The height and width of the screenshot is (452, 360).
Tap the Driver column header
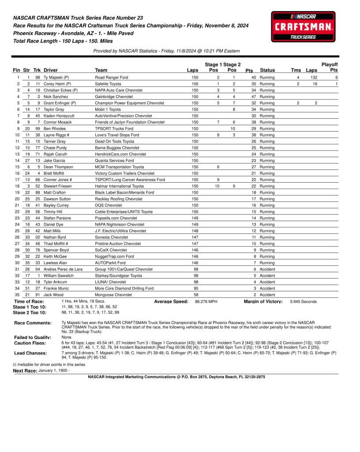coord(51,70)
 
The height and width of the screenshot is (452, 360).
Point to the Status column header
coord(267,70)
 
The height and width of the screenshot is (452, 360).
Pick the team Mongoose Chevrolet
coord(113,295)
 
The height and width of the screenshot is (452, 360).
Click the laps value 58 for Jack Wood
coord(195,295)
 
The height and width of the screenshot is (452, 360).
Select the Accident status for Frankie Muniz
coord(267,288)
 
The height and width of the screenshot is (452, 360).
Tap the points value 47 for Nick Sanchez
coord(253,97)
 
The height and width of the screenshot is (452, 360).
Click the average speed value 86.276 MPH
coord(206,301)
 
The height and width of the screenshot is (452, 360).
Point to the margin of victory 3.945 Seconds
coord(303,301)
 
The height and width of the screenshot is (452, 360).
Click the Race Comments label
coord(33,323)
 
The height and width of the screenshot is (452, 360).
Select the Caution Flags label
coord(30,343)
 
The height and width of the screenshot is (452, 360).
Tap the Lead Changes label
coord(30,353)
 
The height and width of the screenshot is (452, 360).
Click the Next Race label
coord(25,371)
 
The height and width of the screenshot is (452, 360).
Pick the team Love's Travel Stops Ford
coord(117,135)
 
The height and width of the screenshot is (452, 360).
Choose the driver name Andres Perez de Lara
coord(63,269)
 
